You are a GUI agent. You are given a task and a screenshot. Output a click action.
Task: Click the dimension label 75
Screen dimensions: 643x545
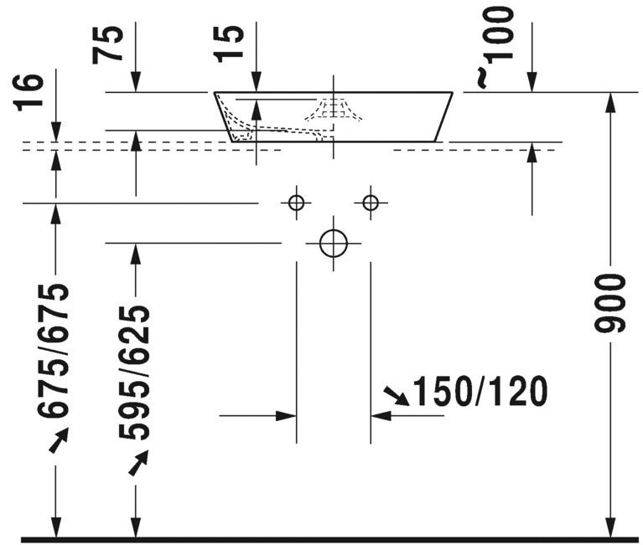click(107, 44)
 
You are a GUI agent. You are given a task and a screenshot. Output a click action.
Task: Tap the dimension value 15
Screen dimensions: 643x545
click(228, 44)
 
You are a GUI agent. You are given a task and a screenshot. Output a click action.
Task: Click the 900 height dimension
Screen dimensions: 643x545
click(609, 303)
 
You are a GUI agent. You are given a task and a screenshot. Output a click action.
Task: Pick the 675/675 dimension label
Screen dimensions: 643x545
click(53, 350)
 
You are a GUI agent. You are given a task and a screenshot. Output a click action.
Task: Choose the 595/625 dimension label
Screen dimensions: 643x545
click(133, 373)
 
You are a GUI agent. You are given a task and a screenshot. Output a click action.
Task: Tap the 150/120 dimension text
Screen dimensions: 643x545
click(480, 391)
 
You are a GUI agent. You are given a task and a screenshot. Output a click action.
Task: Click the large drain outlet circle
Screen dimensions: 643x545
click(334, 244)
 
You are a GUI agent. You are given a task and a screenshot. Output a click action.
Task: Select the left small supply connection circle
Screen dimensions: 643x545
click(296, 203)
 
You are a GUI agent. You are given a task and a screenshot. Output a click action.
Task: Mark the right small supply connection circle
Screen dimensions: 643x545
click(371, 203)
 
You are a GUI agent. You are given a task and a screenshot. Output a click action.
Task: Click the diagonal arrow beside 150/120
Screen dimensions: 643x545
click(397, 395)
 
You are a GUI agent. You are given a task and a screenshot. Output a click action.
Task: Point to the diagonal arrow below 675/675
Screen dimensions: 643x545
click(58, 440)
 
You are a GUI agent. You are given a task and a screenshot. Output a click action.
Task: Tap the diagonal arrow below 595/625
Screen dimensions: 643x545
click(138, 463)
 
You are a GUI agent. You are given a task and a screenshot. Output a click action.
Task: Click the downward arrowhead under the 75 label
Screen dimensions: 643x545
click(136, 82)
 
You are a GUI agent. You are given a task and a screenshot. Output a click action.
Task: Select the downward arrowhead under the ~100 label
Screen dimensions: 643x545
click(532, 82)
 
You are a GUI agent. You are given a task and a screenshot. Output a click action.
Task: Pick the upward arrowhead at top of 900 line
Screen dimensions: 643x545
click(610, 103)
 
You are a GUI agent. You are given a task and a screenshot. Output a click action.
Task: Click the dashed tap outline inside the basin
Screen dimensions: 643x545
click(334, 110)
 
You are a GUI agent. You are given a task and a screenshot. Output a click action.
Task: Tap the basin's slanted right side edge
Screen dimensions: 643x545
click(443, 116)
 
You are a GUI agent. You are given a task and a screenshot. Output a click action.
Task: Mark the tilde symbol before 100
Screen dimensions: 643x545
click(482, 79)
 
